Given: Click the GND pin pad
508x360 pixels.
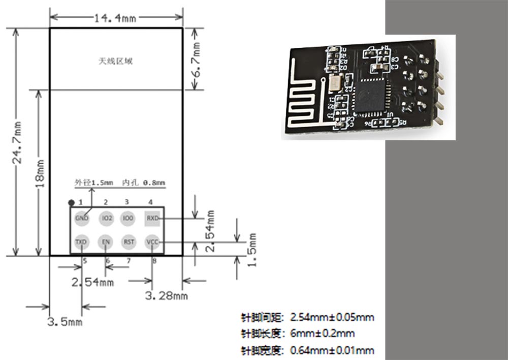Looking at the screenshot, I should click(x=81, y=218).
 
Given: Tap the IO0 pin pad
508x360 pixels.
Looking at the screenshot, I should click(x=128, y=218).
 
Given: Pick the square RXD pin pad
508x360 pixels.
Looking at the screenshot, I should click(x=152, y=218).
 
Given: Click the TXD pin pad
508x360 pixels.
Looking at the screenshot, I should click(x=81, y=242).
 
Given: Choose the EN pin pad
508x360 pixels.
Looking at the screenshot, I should click(x=106, y=242).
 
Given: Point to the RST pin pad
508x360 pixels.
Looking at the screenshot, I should click(x=129, y=242).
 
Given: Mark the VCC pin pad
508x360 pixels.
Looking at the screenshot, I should click(x=152, y=242).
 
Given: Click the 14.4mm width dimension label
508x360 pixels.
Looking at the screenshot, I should click(x=115, y=18).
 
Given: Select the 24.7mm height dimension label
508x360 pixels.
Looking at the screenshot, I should click(x=17, y=142).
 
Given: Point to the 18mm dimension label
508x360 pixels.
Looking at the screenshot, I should click(x=41, y=173).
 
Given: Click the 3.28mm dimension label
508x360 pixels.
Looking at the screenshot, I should click(x=166, y=295).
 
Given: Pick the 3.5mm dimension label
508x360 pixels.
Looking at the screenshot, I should click(x=65, y=321).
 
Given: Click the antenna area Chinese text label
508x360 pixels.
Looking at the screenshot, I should click(x=115, y=61).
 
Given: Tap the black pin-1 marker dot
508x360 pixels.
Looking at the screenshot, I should click(x=72, y=202).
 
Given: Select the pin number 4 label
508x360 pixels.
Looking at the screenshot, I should click(x=150, y=202).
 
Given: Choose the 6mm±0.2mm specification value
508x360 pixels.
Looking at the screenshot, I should click(x=322, y=334).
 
